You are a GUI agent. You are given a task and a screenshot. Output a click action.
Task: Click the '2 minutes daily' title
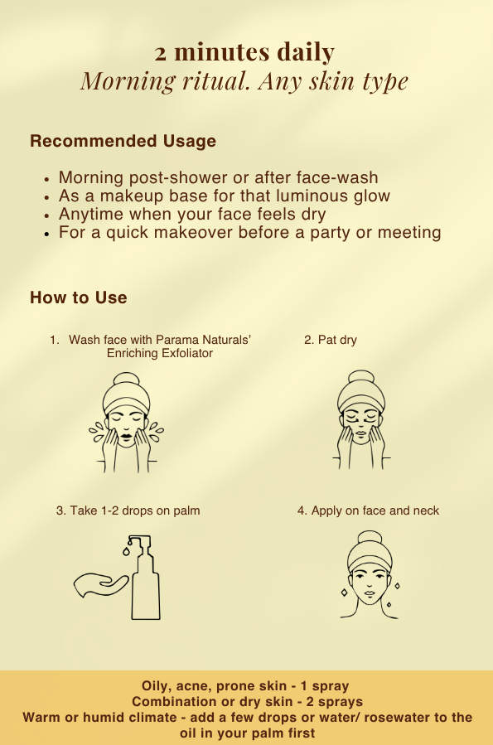[x=244, y=51]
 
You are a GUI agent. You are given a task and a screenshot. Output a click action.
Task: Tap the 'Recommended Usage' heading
[x=123, y=141]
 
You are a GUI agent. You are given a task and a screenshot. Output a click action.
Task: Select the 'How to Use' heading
[x=79, y=298]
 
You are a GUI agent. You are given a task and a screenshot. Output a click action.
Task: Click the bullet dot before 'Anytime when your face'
[x=46, y=215]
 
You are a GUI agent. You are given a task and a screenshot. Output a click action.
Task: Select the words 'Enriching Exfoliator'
[x=160, y=353]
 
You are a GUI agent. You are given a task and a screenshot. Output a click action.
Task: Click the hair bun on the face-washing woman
[x=126, y=380]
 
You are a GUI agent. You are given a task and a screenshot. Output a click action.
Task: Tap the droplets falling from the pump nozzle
[x=128, y=547]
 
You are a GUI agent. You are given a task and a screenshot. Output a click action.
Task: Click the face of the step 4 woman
[x=370, y=585]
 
